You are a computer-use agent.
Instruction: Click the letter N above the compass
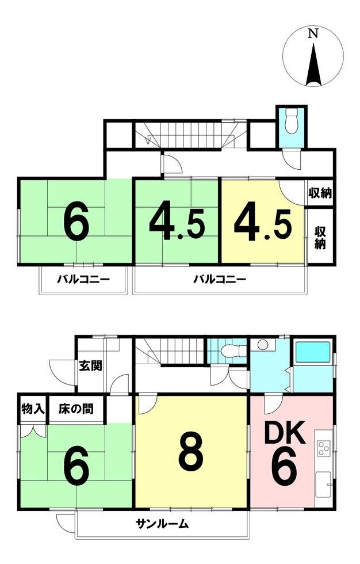point(313,33)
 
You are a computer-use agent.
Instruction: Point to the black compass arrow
point(313,64)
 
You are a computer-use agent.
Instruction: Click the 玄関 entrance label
point(90,366)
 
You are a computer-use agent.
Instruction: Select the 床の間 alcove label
point(75,409)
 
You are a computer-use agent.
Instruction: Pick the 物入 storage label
point(33,409)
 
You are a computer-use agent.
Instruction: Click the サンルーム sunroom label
point(162,524)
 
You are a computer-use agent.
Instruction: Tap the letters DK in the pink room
point(284,433)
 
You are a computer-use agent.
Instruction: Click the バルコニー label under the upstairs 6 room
point(83,279)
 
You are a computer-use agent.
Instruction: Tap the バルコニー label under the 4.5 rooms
point(220,279)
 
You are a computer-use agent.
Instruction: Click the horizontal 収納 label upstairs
point(320,193)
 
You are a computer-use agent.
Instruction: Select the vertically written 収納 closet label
point(320,237)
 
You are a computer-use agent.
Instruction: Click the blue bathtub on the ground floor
point(312,352)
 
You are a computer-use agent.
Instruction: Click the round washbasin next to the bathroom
point(263,344)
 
